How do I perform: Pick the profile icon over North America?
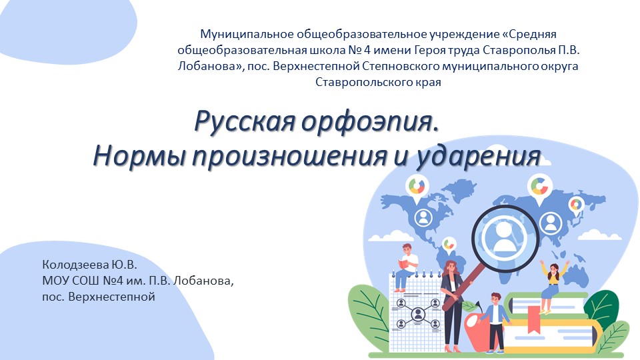point(423,216)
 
